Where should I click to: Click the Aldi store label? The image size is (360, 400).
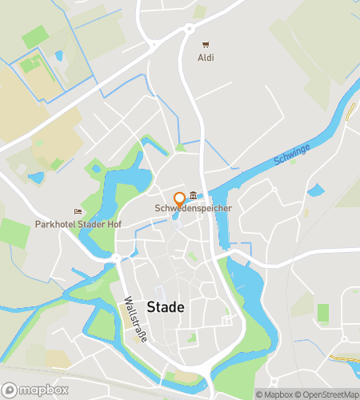coord(206,58)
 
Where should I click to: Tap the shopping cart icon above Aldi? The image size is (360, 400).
coord(206,44)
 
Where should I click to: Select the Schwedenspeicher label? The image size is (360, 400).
coord(194,209)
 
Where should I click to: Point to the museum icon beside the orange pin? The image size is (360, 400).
coord(193,196)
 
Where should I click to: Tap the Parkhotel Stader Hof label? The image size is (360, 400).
coord(78,225)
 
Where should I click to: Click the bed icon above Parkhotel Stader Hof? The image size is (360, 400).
coord(78,212)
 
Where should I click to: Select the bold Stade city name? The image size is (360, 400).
coord(166,307)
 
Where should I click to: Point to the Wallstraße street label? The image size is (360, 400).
coord(135,320)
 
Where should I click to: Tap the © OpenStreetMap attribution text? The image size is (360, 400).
coord(328,394)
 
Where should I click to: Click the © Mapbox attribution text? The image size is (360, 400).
coord(275,394)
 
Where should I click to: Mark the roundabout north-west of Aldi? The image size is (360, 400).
coord(190,29)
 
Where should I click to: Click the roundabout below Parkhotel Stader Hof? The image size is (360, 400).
coord(117,258)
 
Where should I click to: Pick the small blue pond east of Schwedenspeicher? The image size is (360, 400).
coord(316,190)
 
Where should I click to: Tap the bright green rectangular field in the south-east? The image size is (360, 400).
coord(322,312)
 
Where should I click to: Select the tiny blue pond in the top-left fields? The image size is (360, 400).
coord(58,56)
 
